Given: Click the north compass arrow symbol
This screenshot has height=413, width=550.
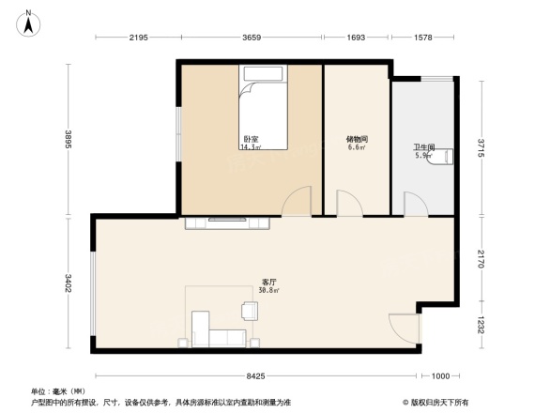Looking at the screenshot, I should tap(28, 21).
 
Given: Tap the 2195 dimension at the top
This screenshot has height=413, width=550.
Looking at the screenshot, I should tap(138, 38).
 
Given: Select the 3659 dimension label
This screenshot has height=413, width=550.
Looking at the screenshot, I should tap(251, 38).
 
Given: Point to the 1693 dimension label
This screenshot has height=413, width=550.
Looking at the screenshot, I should tap(356, 38).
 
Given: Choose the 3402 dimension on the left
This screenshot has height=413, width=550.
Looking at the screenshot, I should tap(69, 283).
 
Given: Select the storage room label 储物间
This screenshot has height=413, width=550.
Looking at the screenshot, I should tap(356, 140).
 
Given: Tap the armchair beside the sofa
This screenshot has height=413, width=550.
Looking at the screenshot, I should tap(250, 310).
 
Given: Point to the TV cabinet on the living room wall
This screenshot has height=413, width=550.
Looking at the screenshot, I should tap(229, 222).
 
